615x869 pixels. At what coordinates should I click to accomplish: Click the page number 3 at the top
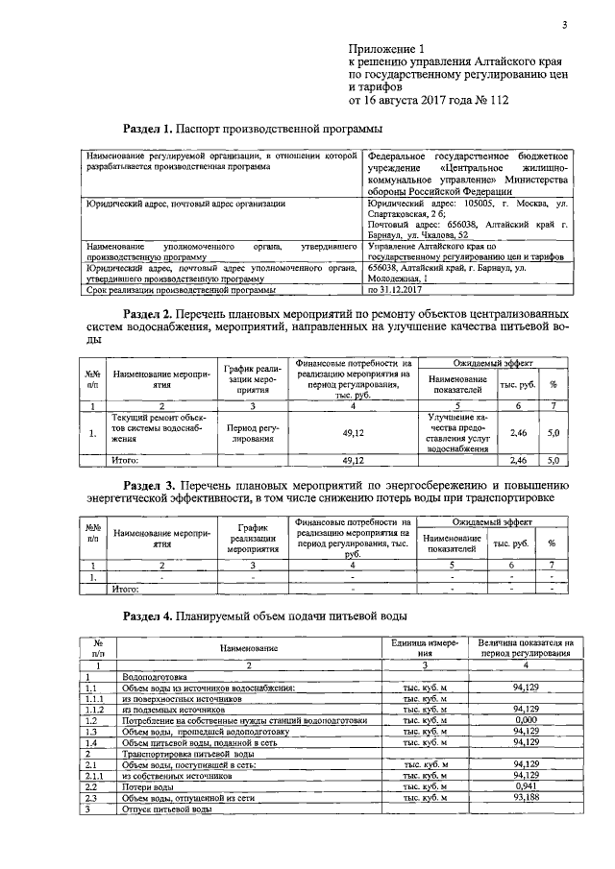pyautogui.click(x=564, y=26)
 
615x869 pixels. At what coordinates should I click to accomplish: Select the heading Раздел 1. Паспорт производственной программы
pyautogui.click(x=254, y=128)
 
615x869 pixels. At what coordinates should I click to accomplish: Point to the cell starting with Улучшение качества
pyautogui.click(x=446, y=432)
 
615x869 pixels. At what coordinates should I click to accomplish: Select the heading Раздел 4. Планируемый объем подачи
pyautogui.click(x=266, y=615)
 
